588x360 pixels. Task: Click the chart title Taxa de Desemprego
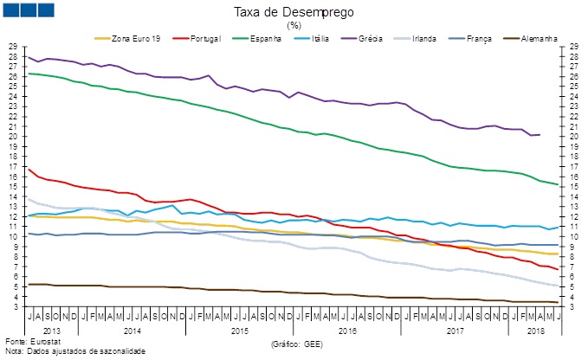coord(294,12)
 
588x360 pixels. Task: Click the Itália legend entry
coord(326,38)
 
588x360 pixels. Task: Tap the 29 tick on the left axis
coord(12,46)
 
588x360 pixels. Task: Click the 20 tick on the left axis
coord(12,136)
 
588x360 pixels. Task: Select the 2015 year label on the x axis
coord(240,331)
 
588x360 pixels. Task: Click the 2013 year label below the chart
coord(51,331)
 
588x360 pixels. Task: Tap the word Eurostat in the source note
coord(39,343)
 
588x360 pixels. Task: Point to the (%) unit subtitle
coord(294,25)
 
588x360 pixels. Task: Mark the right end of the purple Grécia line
coord(540,134)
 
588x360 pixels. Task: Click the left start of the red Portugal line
coord(29,168)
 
